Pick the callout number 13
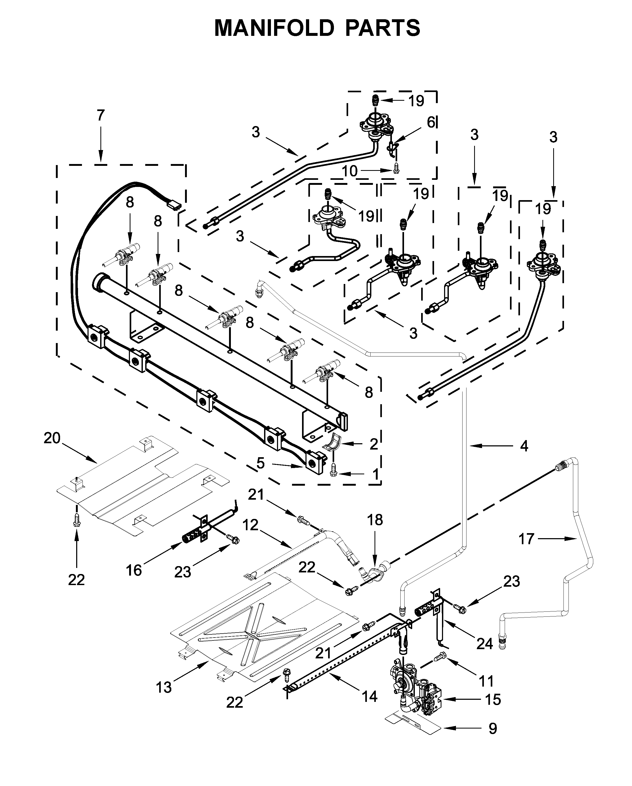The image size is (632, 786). (164, 688)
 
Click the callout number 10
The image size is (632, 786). (349, 171)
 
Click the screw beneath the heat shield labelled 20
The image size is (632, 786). (76, 519)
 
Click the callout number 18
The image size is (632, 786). (375, 520)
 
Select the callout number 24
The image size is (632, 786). (484, 644)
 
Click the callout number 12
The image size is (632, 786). (250, 525)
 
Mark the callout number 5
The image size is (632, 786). (260, 463)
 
